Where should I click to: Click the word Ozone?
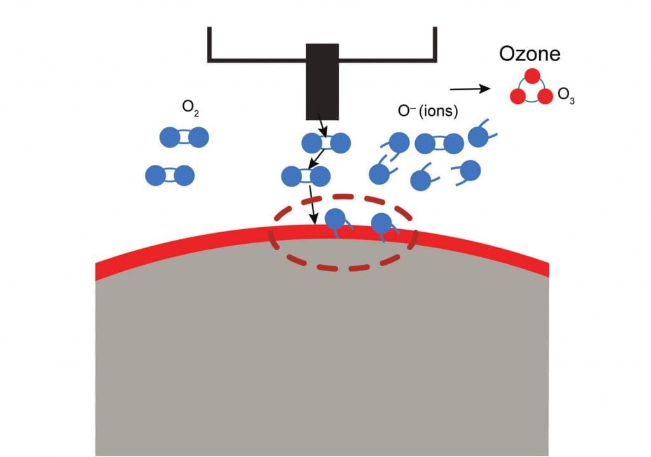click(x=530, y=53)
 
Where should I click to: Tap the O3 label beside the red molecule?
click(x=566, y=96)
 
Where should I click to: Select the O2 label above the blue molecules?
click(x=189, y=108)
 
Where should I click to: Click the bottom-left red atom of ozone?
click(x=519, y=97)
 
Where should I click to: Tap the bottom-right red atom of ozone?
click(x=545, y=97)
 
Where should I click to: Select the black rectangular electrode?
click(x=322, y=81)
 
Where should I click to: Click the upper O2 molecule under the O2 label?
click(x=184, y=137)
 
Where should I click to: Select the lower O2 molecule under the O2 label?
click(x=170, y=175)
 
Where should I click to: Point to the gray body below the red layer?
click(x=318, y=363)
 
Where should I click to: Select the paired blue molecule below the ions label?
click(x=439, y=144)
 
